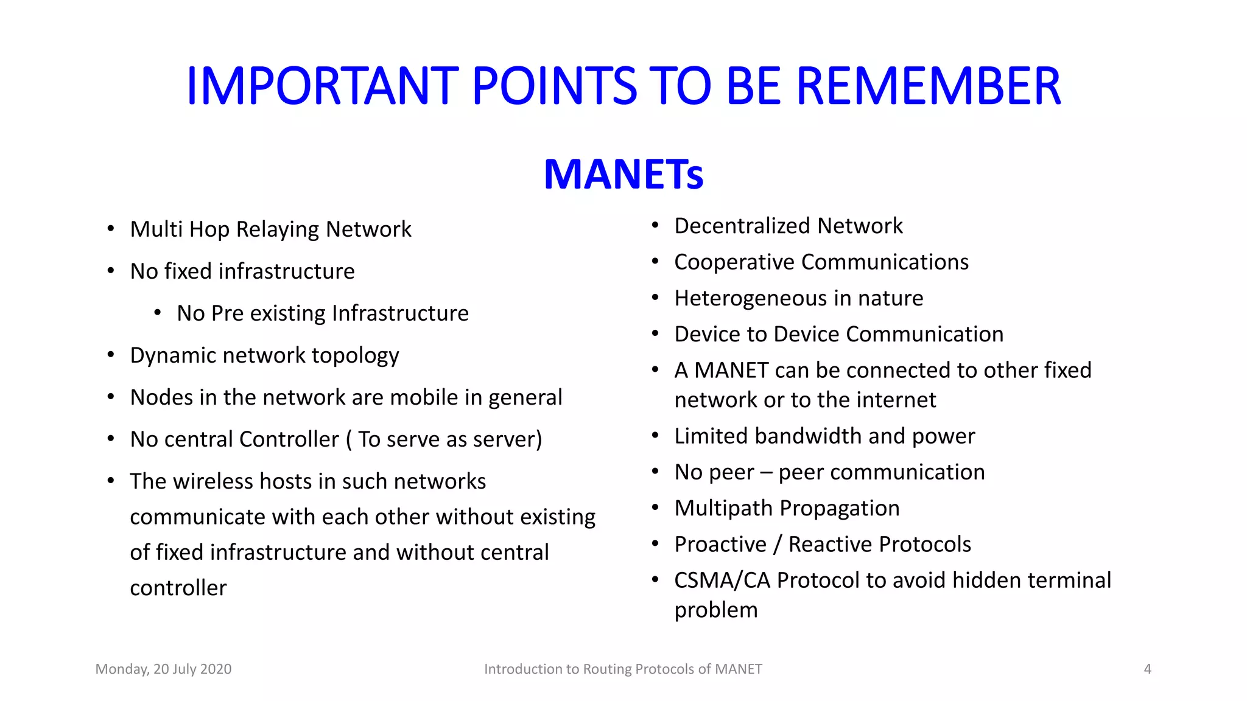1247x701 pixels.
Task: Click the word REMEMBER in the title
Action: [928, 86]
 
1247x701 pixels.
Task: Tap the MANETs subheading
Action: [623, 175]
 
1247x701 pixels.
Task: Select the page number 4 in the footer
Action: [1147, 669]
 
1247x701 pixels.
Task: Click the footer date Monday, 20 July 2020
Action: [163, 669]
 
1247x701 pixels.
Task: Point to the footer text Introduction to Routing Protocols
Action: [623, 669]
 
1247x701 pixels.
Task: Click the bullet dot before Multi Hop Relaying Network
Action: [111, 229]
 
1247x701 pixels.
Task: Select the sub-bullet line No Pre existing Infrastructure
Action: [323, 313]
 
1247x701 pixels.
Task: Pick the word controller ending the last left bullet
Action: [178, 588]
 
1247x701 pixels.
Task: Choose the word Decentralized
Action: [743, 226]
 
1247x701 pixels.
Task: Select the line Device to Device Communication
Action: [838, 335]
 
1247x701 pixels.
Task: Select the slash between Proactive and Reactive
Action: [778, 545]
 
